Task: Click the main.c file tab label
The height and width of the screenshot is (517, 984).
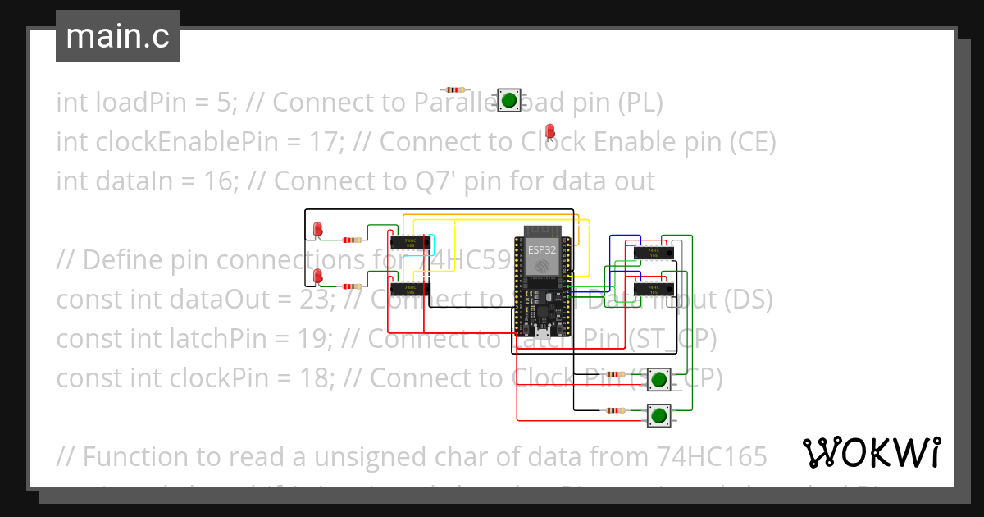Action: (x=118, y=36)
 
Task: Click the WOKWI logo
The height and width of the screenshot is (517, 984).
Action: (x=871, y=452)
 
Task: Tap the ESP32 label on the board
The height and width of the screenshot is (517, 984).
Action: (x=541, y=249)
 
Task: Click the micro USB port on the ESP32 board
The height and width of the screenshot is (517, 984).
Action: (x=541, y=332)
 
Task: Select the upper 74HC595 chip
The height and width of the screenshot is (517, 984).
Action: (x=408, y=243)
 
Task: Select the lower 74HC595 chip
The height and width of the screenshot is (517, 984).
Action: (x=408, y=289)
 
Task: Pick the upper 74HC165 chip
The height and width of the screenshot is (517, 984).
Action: (x=654, y=253)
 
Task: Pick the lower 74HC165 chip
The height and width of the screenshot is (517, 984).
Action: (x=654, y=289)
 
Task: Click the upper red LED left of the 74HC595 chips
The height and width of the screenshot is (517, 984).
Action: (x=318, y=229)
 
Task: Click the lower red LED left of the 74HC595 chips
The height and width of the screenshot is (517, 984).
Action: (x=318, y=276)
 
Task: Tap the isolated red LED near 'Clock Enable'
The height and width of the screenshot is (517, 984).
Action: (x=550, y=131)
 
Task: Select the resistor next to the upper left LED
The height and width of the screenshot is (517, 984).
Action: (x=352, y=240)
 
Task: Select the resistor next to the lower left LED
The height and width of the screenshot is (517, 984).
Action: (x=352, y=286)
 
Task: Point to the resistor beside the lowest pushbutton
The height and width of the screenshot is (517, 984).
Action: (x=615, y=410)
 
